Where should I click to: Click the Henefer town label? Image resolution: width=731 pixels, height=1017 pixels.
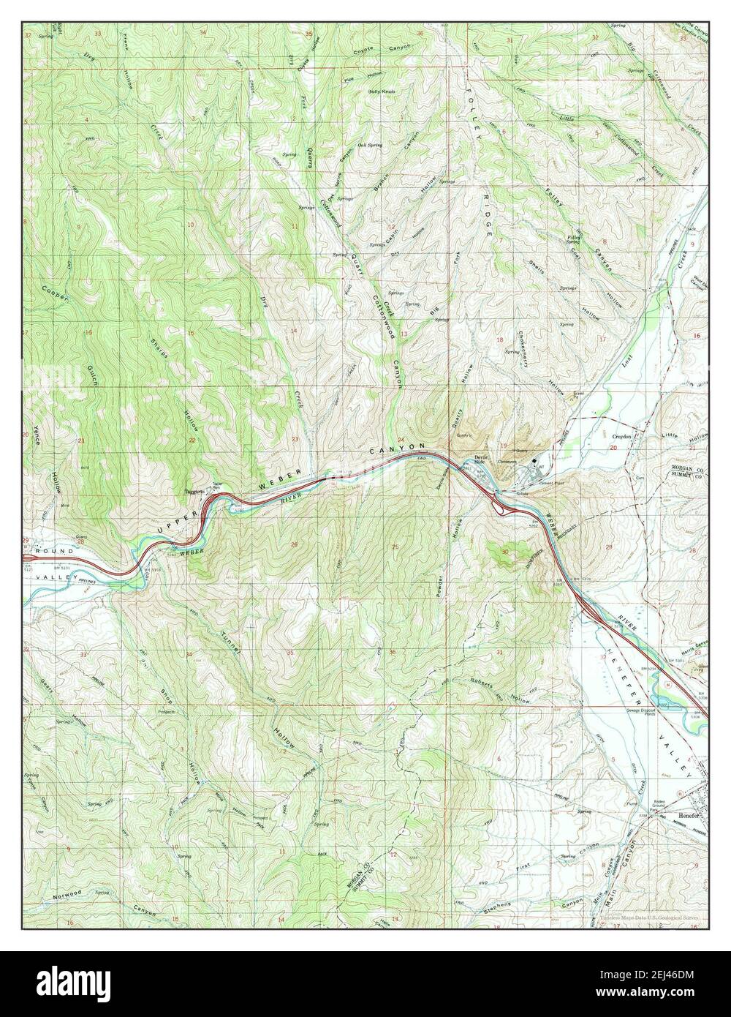pos(678,814)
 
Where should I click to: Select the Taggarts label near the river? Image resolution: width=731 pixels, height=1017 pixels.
pos(194,492)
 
